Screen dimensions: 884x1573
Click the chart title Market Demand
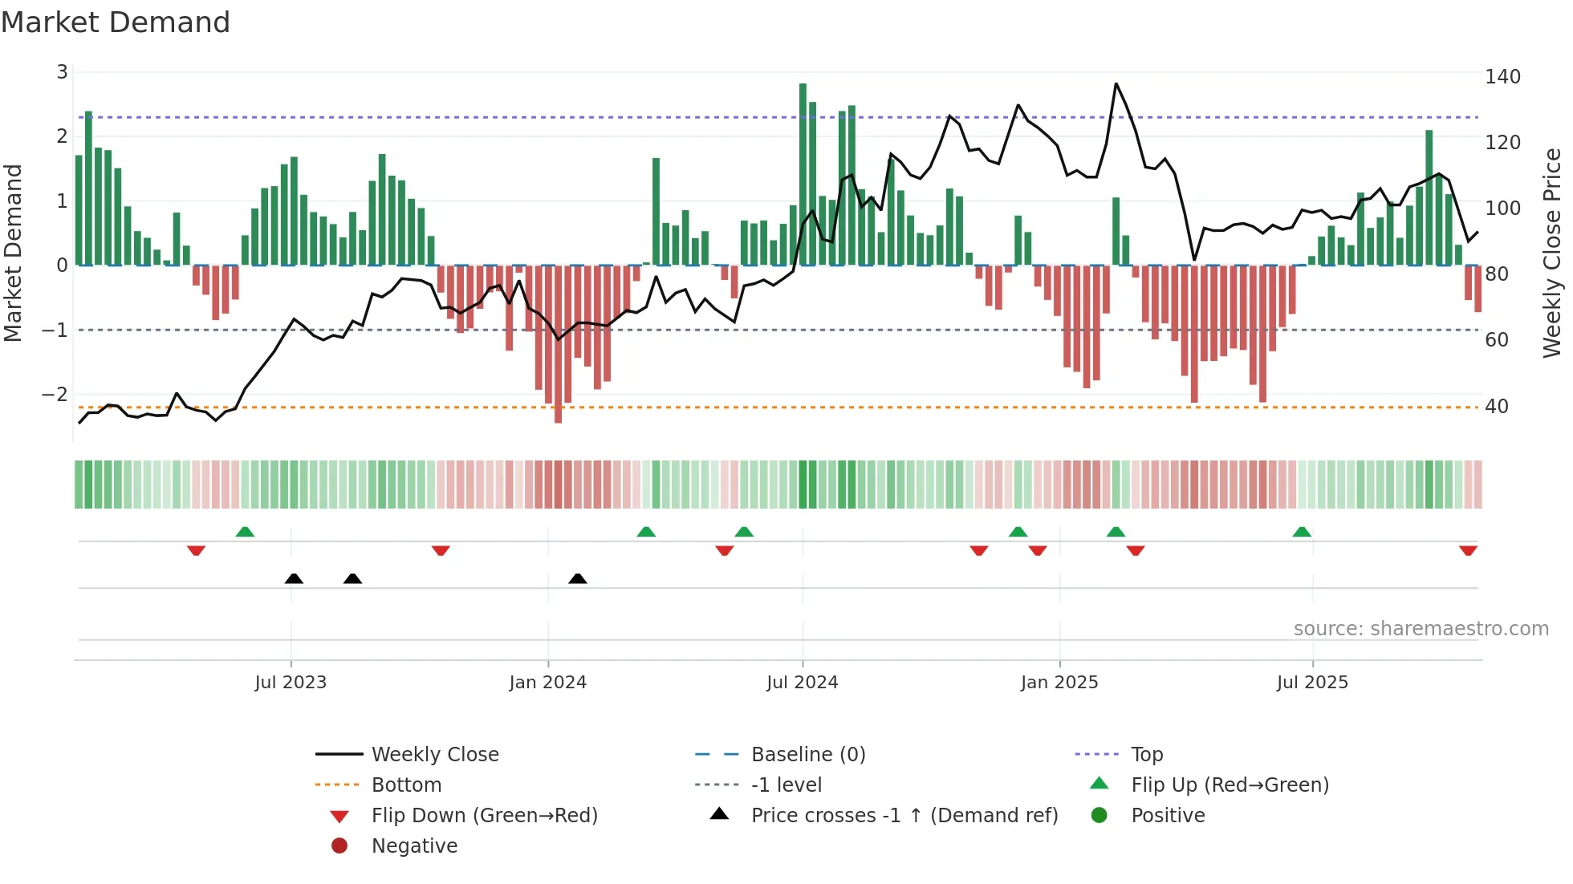point(116,22)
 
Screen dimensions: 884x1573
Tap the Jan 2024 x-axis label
point(547,683)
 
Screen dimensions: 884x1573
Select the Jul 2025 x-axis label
point(1312,683)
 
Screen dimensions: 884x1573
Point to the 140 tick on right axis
point(1502,77)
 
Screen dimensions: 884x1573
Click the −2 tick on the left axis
point(55,395)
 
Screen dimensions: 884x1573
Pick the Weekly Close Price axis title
point(1552,253)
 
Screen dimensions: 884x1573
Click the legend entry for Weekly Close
point(434,755)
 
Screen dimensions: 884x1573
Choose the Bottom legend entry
point(406,785)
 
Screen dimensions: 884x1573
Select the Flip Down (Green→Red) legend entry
point(484,816)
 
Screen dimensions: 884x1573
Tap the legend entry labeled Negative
point(414,846)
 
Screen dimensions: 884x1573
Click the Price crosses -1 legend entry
point(904,816)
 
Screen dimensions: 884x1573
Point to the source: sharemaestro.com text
point(1421,629)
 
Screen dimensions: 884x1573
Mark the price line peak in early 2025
point(1116,84)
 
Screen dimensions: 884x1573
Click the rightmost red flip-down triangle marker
point(1468,550)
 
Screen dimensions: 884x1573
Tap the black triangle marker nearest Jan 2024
point(577,578)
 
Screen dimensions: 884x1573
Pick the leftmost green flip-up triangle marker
point(245,532)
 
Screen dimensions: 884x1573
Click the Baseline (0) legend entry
point(807,755)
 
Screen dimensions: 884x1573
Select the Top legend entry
point(1146,755)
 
